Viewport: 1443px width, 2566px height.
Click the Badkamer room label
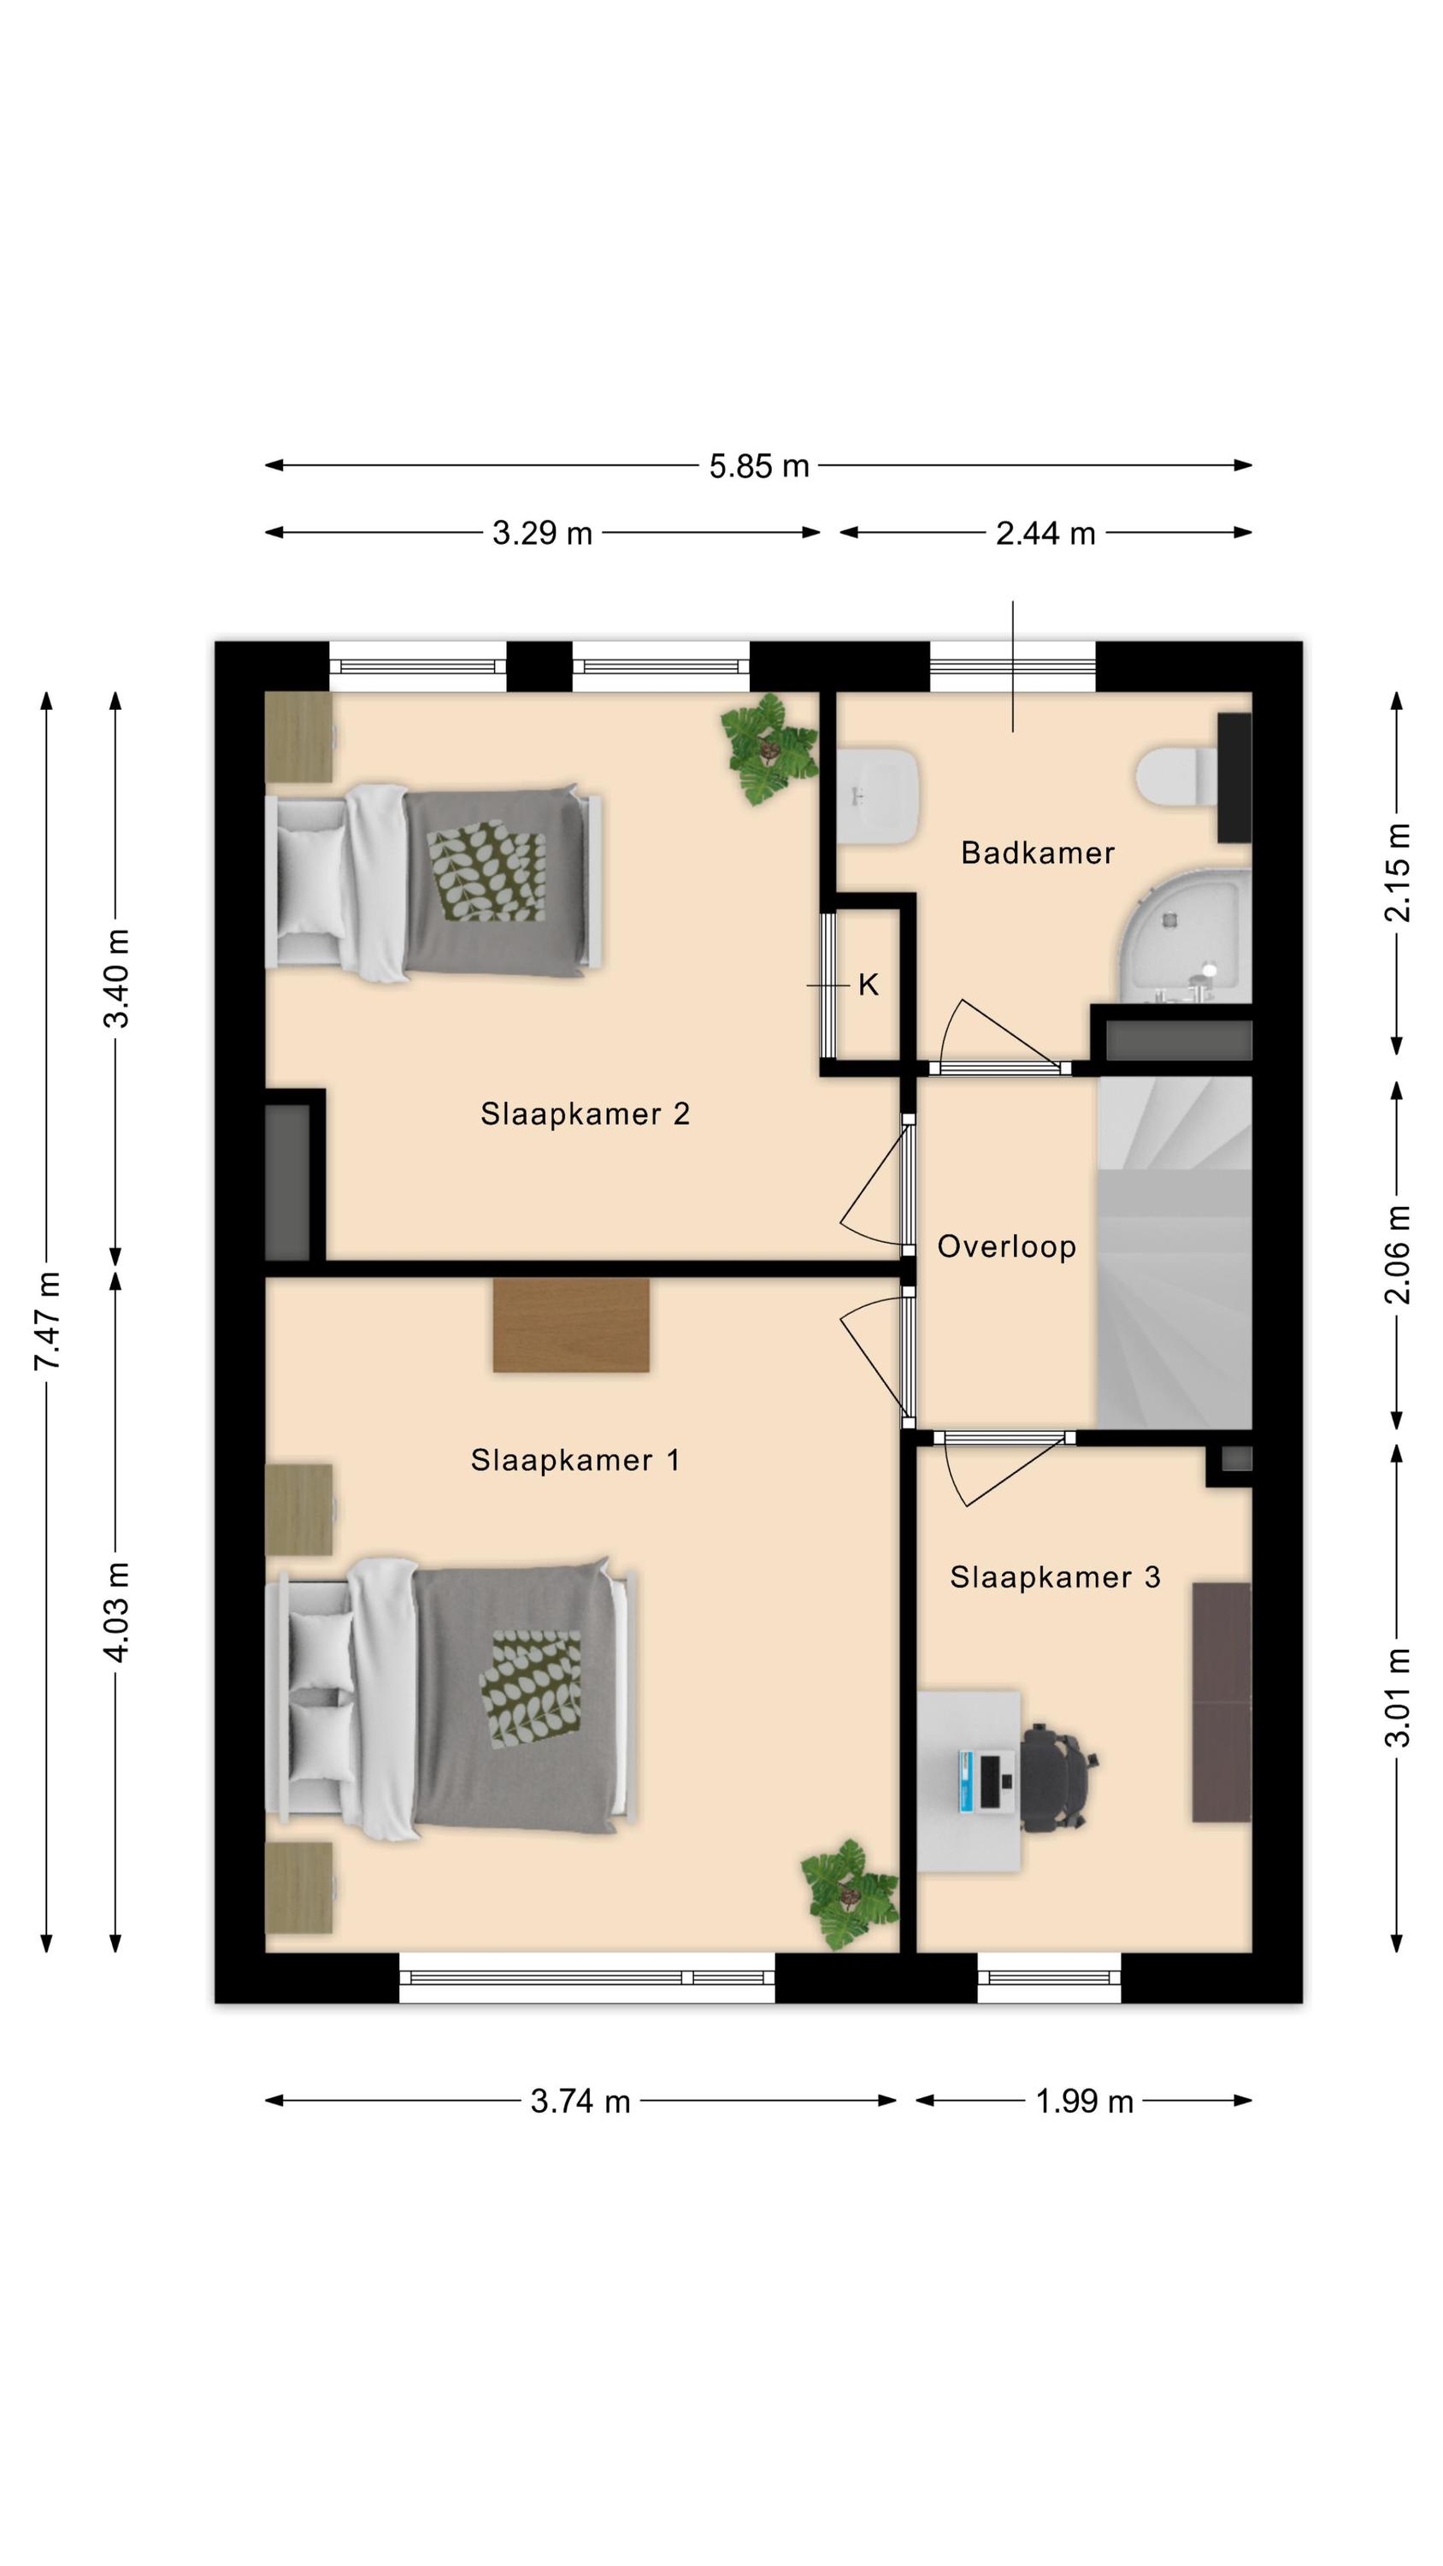[1037, 853]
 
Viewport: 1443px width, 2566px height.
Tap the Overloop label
[1006, 1246]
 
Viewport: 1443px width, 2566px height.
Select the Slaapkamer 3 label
[1055, 1577]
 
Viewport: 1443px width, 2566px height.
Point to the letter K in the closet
[868, 985]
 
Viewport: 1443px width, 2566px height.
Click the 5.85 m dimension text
[759, 466]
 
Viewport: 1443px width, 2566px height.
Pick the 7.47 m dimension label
[48, 1321]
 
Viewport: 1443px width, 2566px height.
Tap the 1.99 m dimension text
[1085, 2101]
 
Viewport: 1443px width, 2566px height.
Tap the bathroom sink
[876, 797]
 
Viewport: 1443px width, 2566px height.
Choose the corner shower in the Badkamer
[1185, 936]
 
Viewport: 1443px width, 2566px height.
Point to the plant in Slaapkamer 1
[850, 1893]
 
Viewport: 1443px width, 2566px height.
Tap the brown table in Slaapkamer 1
[572, 1325]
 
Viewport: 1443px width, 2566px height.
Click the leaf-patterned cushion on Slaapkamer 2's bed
[487, 871]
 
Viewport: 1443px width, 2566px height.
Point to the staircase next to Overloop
[1174, 1252]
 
